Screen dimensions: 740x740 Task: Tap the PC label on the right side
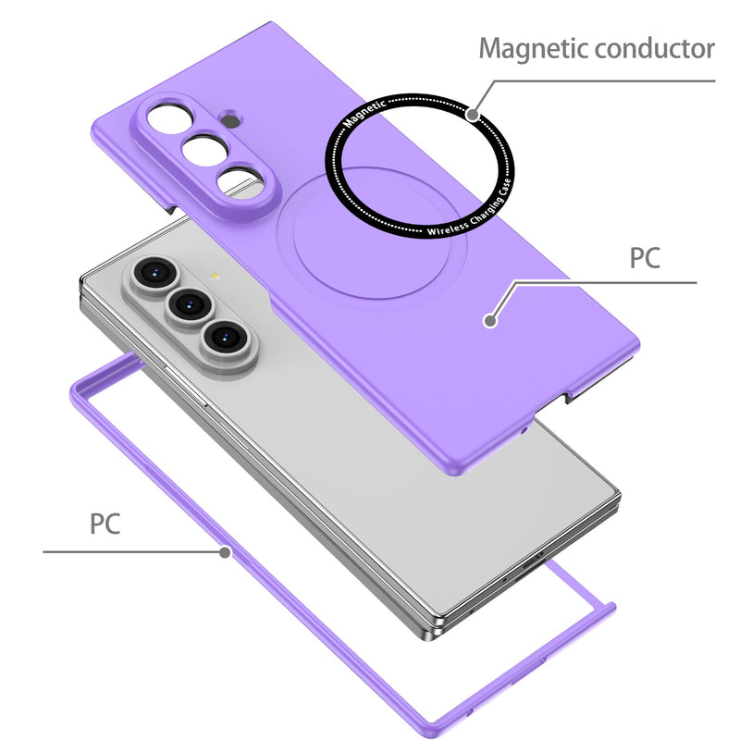(x=645, y=257)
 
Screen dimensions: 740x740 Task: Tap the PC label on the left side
(x=105, y=524)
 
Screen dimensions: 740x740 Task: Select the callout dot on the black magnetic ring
(x=473, y=116)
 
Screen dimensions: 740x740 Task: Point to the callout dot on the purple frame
(x=225, y=553)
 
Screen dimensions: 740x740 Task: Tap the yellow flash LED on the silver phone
(x=215, y=275)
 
